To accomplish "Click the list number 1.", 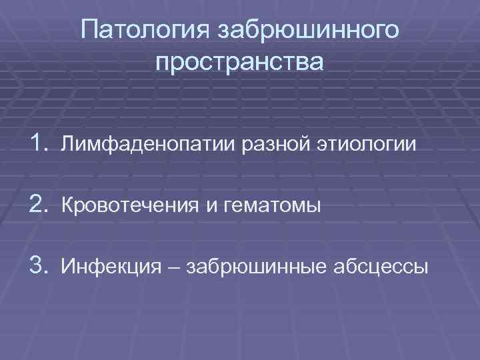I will (38, 142).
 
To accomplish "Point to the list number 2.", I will (38, 205).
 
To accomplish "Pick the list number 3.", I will (38, 267).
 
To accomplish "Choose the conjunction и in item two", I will (210, 207).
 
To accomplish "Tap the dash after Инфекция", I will (175, 268).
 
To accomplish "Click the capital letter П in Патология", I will (88, 31).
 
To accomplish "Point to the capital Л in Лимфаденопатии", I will (67, 144).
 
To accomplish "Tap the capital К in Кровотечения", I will (67, 206).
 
